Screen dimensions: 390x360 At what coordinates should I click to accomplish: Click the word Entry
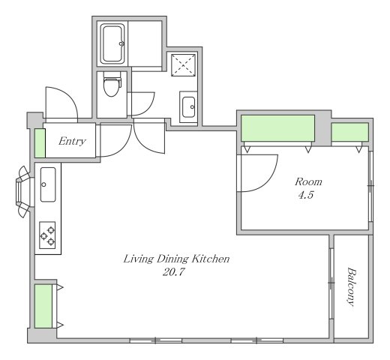click(72, 142)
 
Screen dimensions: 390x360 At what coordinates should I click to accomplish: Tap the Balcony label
click(351, 287)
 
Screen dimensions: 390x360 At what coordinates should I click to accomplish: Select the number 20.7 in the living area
click(174, 272)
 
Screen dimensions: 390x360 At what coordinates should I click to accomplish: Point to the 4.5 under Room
click(306, 195)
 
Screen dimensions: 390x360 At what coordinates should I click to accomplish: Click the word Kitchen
click(211, 259)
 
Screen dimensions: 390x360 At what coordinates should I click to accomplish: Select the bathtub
click(112, 44)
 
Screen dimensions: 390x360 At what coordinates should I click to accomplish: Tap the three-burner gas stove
click(47, 235)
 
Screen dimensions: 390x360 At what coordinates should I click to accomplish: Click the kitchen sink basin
click(48, 184)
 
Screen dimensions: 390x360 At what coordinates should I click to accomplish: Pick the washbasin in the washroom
click(188, 107)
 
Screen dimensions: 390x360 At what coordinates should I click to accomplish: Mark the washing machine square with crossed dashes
click(183, 65)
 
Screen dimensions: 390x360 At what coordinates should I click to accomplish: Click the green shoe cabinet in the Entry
click(40, 143)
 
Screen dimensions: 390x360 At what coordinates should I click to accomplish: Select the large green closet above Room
click(277, 128)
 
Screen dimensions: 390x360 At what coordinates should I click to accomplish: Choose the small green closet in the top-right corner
click(350, 132)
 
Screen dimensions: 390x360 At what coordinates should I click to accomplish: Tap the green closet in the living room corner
click(43, 306)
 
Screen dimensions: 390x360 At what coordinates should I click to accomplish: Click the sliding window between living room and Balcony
click(331, 283)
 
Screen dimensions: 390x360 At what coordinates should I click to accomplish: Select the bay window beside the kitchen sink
click(24, 192)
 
